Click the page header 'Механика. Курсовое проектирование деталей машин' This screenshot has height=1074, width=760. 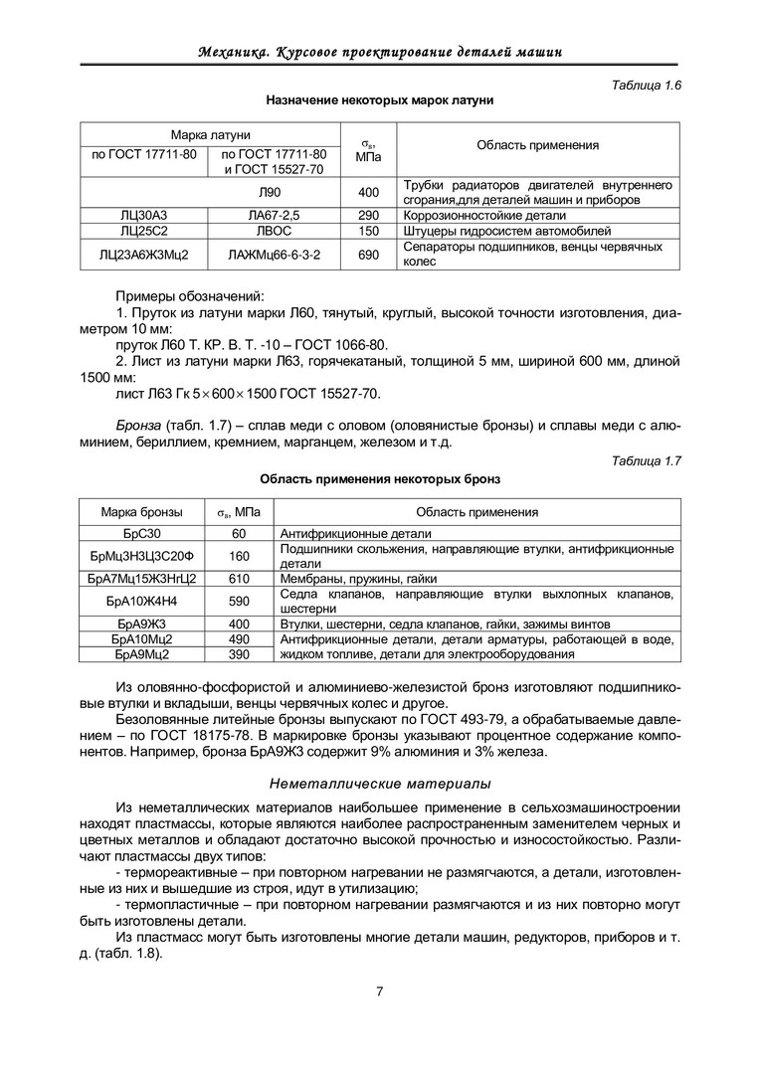380,51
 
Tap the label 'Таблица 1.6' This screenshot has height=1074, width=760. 646,86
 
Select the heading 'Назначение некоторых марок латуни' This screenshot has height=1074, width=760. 380,100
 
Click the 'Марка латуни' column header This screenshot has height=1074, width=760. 210,134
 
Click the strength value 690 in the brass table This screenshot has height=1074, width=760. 368,255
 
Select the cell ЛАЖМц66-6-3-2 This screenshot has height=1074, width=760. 275,255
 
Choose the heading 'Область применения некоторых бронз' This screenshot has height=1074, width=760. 380,478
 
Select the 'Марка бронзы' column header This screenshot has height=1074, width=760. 141,512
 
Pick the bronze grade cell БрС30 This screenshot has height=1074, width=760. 141,533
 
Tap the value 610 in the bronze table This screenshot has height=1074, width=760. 239,578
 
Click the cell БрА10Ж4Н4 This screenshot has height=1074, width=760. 141,601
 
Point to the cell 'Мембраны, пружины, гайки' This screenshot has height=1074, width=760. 359,578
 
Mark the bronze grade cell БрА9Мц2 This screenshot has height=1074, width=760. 141,654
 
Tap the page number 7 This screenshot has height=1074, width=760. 380,990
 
